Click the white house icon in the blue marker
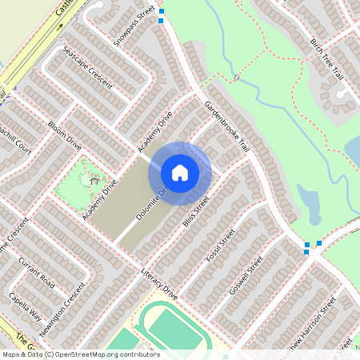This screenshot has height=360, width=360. pyautogui.click(x=180, y=173)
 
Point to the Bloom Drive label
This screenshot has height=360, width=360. pyautogui.click(x=64, y=136)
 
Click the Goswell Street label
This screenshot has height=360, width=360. pyautogui.click(x=246, y=276)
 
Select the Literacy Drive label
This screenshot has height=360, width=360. pyautogui.click(x=158, y=284)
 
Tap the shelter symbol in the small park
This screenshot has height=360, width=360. pyautogui.click(x=94, y=180)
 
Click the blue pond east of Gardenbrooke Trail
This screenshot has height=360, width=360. pyautogui.click(x=309, y=204)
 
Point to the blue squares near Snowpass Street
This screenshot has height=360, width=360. pyautogui.click(x=162, y=16)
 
